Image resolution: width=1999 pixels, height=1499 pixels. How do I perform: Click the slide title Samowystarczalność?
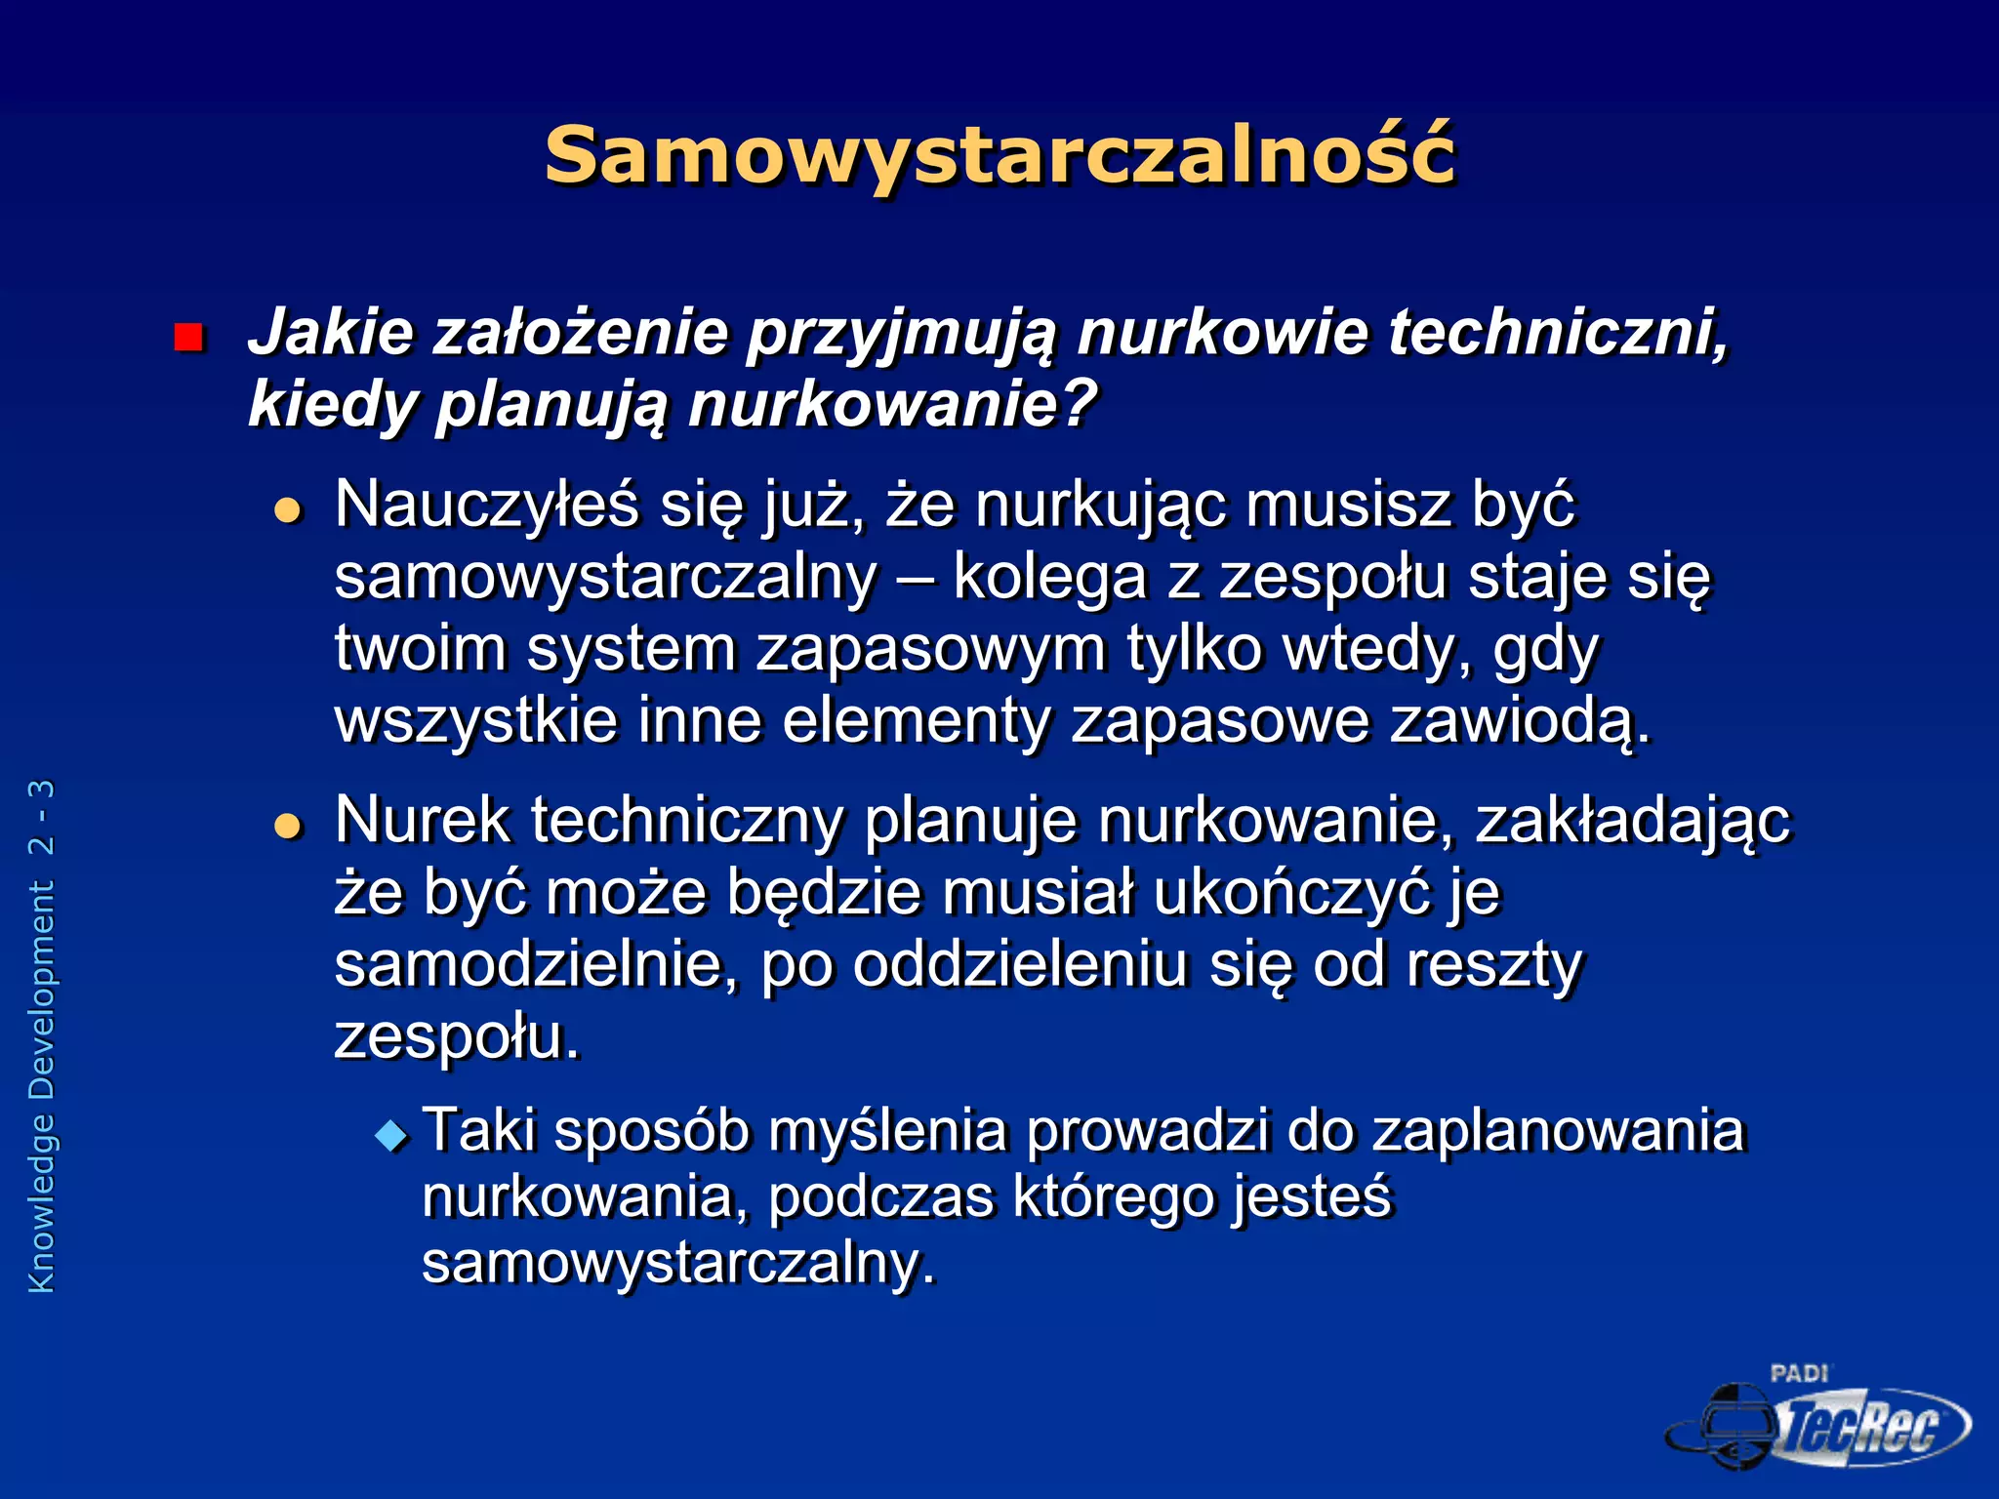(999, 156)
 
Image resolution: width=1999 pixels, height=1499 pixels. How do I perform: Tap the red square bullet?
(187, 339)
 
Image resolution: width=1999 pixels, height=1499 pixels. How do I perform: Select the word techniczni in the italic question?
(1558, 332)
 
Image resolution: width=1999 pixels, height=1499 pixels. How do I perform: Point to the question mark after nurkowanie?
(1079, 404)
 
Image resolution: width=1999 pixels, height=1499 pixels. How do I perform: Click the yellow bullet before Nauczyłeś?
(288, 509)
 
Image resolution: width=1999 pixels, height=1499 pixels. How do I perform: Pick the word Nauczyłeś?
(486, 506)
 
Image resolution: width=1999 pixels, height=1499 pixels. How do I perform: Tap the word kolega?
(1049, 577)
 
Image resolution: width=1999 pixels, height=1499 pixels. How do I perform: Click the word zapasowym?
(931, 649)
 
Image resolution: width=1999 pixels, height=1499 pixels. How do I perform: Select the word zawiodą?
(1519, 721)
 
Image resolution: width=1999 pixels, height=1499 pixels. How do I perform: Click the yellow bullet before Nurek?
(288, 826)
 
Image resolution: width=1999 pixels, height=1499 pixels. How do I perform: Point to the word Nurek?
(422, 820)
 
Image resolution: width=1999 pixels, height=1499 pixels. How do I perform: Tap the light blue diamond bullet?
(392, 1135)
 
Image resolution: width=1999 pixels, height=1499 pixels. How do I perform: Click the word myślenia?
(887, 1132)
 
